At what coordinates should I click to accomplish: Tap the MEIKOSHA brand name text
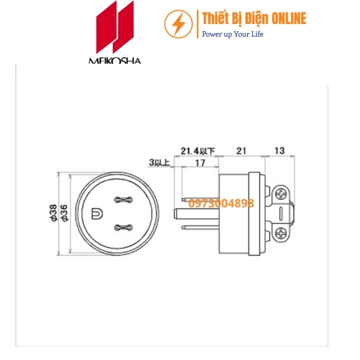[x=115, y=61]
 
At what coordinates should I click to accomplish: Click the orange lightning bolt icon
[x=178, y=24]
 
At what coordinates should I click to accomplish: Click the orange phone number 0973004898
[x=220, y=203]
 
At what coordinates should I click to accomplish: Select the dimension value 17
[x=201, y=163]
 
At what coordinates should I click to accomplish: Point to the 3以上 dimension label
[x=159, y=163]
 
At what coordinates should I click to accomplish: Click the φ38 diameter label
[x=53, y=214]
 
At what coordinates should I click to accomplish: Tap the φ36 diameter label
[x=63, y=214]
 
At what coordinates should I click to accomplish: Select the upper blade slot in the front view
[x=122, y=199]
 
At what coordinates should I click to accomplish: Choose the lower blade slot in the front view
[x=122, y=227]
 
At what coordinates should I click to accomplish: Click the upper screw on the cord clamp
[x=281, y=194]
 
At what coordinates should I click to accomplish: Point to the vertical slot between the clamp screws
[x=281, y=213]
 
